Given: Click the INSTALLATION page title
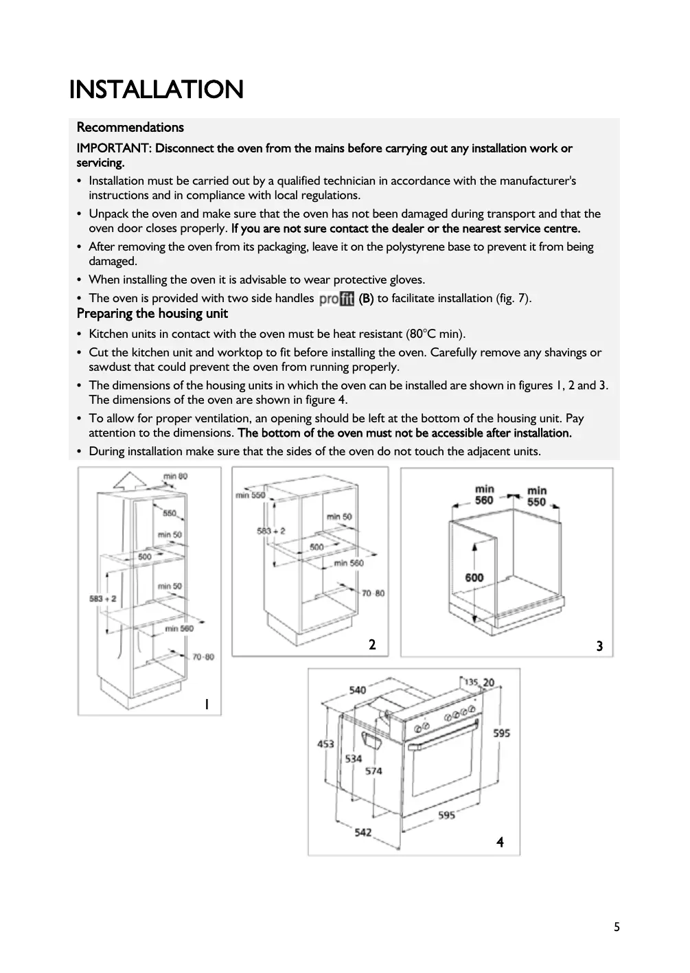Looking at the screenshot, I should (156, 90).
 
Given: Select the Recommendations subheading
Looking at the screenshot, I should (130, 127).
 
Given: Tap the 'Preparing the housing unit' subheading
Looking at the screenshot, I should (152, 314).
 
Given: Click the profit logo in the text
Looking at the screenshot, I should (336, 299).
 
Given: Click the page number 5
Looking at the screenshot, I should (617, 927).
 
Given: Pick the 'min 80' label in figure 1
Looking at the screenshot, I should (175, 476).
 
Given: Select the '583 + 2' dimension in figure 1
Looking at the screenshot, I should (102, 599).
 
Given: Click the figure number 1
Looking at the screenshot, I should (206, 705).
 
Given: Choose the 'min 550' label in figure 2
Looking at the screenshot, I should (249, 495).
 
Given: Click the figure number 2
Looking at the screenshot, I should (372, 644).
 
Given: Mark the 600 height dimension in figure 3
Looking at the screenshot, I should (474, 577).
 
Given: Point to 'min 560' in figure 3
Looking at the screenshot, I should (485, 495).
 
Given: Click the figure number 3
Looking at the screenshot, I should (599, 646).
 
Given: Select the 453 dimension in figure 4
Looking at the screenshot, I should (325, 744).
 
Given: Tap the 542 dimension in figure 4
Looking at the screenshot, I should (363, 833).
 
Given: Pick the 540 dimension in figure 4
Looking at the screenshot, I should (357, 689).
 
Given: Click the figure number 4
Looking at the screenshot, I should (500, 842).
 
